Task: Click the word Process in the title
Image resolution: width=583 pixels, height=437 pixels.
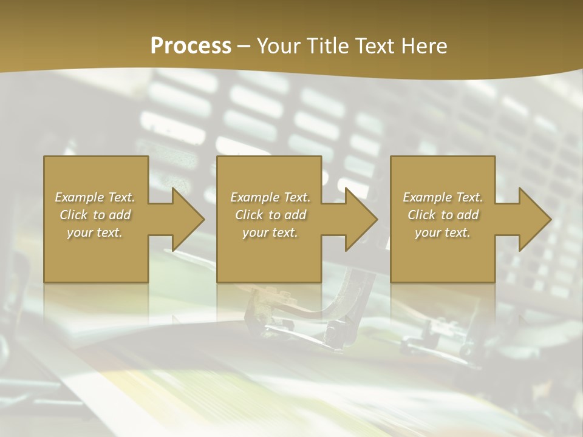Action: coord(191,46)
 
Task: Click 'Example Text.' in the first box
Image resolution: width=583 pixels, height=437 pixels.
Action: coord(95,197)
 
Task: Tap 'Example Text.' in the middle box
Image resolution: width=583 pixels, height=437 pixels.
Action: coord(270,197)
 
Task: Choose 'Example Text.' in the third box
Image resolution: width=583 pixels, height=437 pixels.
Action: coord(443,197)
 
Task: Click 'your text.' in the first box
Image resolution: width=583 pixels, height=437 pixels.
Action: coord(95,232)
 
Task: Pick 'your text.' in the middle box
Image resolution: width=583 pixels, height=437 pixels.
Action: coord(270,232)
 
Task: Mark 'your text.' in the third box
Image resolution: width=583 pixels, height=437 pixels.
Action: coord(442,232)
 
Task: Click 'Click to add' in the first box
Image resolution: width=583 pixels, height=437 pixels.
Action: coord(95,215)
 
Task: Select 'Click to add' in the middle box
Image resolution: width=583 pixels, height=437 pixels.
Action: coord(270,215)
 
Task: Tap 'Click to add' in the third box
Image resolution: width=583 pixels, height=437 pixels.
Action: coord(443,215)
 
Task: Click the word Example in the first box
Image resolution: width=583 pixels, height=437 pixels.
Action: coord(80,197)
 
